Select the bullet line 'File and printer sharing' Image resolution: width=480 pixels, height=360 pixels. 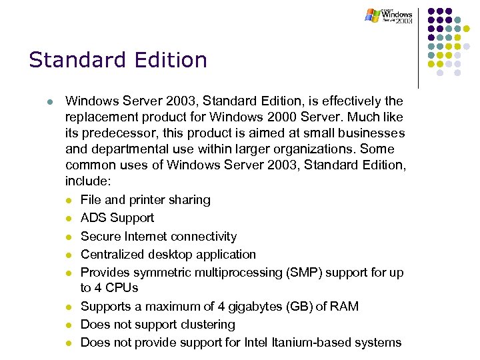145,200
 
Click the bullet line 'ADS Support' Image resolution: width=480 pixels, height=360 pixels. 117,218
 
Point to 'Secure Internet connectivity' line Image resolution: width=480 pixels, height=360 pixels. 158,237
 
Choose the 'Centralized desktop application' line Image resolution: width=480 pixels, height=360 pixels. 168,255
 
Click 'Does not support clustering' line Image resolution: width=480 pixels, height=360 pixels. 157,325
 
